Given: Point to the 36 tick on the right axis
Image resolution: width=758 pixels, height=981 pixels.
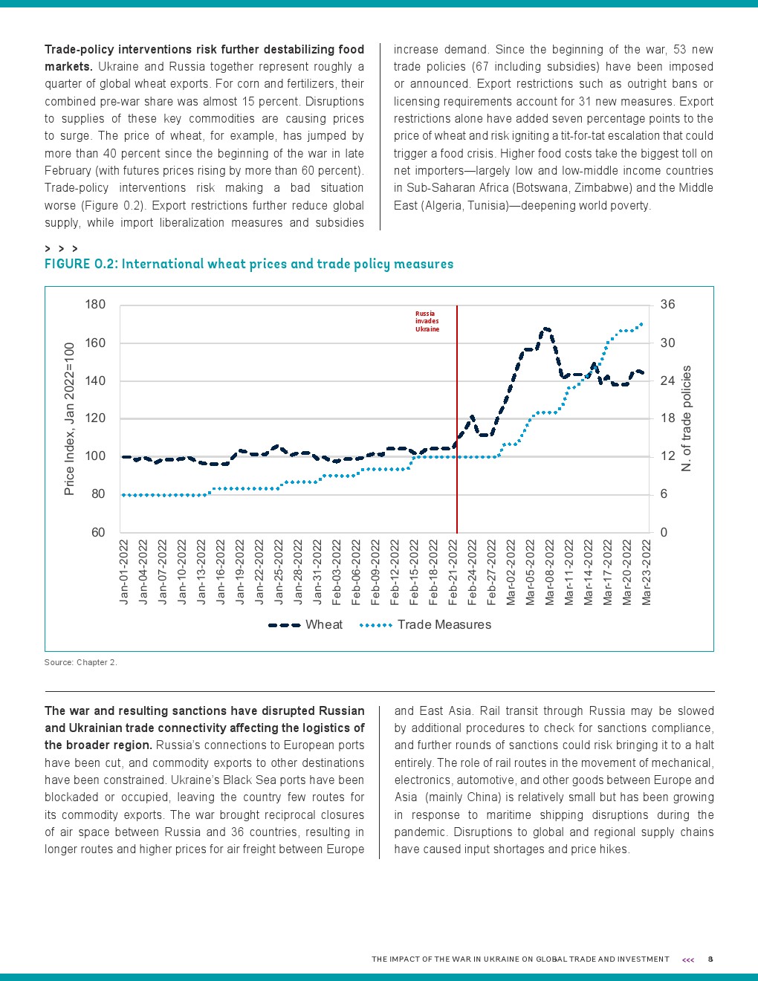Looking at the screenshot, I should (667, 305).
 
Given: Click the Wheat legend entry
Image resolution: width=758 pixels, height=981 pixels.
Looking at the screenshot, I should (305, 625).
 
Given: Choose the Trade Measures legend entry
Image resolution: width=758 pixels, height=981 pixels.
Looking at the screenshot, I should (425, 625).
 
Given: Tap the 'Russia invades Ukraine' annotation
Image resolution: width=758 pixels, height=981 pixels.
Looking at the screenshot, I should (427, 321).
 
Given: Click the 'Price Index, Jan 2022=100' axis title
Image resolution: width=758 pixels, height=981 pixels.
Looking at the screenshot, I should (70, 418).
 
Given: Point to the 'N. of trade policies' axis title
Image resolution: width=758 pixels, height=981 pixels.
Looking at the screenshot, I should (687, 418).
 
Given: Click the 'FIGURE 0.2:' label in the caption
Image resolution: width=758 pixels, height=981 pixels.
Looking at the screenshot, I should (81, 265).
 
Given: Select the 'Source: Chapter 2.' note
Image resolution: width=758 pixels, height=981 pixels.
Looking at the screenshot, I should (81, 662).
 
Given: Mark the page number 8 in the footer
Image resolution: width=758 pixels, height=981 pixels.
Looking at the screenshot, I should (710, 959).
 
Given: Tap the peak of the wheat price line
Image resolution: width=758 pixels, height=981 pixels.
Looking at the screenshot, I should (546, 328).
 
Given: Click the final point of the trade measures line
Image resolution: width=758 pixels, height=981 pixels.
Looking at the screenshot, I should (641, 324).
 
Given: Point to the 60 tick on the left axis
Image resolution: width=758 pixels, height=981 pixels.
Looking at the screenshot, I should (98, 532).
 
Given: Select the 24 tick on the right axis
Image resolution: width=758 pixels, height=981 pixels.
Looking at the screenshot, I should (667, 381).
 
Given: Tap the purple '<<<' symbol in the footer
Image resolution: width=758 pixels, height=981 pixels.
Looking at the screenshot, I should (688, 960).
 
